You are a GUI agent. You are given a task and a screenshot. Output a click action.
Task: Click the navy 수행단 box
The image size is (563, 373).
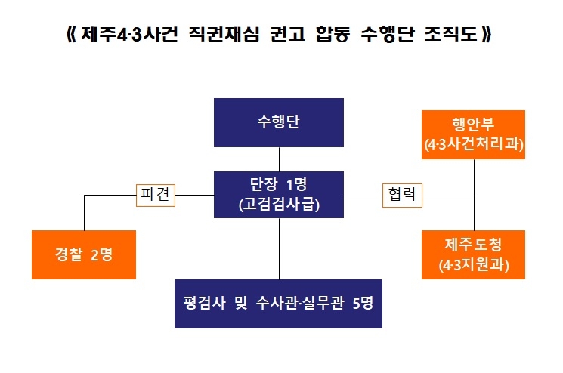(280, 122)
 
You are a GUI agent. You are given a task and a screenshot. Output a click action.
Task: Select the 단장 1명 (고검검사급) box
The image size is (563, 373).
(280, 194)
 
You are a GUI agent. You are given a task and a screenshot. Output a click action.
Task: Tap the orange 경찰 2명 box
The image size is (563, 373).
(84, 254)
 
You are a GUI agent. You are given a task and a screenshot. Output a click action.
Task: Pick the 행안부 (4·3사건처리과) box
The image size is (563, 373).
(474, 134)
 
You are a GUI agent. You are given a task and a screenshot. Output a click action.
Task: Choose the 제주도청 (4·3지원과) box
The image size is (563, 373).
(474, 254)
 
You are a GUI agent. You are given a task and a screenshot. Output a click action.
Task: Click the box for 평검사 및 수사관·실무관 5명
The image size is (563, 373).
(279, 304)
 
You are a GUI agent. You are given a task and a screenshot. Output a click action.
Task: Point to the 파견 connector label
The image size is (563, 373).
(157, 195)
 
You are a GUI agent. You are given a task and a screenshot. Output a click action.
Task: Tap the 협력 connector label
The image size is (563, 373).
(403, 195)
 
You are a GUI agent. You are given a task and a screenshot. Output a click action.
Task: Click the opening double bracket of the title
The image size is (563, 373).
(71, 36)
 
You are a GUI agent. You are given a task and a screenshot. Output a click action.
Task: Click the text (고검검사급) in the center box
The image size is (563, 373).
(280, 204)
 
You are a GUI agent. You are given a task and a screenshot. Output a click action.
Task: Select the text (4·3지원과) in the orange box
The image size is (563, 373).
(474, 265)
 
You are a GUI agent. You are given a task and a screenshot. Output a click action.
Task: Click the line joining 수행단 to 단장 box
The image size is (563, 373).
(280, 159)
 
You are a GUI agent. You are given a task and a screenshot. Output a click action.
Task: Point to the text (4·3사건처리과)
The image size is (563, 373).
(474, 143)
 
